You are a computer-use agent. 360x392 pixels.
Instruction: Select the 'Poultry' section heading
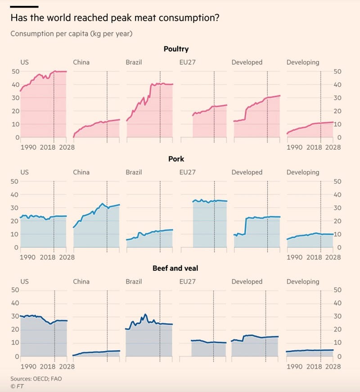pos(175,49)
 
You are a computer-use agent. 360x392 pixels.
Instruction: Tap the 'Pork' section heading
pos(175,159)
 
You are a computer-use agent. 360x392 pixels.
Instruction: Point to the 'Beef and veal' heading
pos(175,268)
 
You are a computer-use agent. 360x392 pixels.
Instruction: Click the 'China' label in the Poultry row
pos(81,62)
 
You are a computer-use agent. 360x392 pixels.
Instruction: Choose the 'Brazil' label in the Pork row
pos(134,172)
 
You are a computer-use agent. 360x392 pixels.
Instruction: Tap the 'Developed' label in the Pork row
pos(247,172)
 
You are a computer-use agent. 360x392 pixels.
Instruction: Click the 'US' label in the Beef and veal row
pos(25,282)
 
